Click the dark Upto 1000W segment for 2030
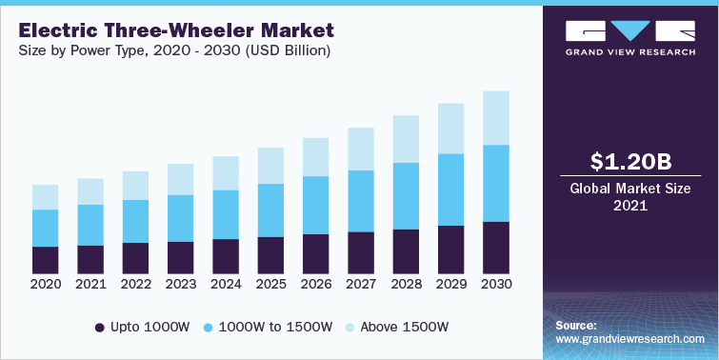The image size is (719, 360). pyautogui.click(x=495, y=248)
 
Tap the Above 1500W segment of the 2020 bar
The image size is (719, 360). pyautogui.click(x=45, y=197)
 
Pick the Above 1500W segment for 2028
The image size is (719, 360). pyautogui.click(x=406, y=139)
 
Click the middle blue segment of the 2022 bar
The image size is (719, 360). pyautogui.click(x=135, y=221)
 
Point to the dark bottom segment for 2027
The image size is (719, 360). pyautogui.click(x=361, y=252)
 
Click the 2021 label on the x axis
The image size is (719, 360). pyautogui.click(x=90, y=284)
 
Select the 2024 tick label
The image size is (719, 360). pyautogui.click(x=226, y=284)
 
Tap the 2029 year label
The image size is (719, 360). pyautogui.click(x=450, y=284)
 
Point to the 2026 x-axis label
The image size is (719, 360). pyautogui.click(x=315, y=284)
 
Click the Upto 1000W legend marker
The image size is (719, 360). pyautogui.click(x=101, y=328)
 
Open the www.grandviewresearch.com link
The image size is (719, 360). pyautogui.click(x=630, y=339)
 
